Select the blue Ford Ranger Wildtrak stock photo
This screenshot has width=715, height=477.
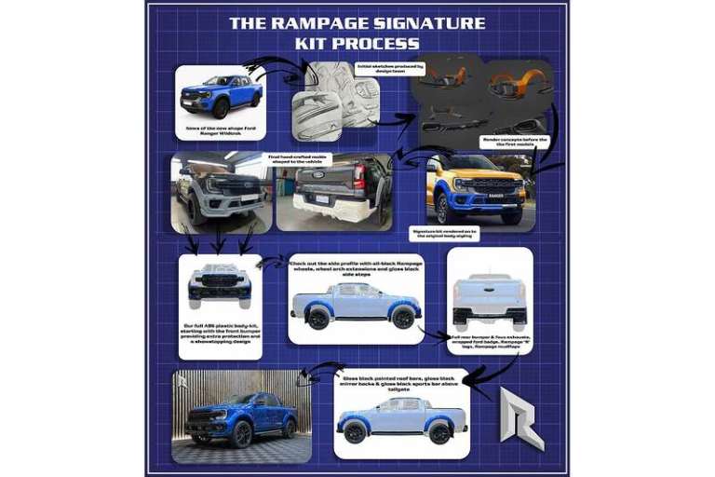tap(220, 94)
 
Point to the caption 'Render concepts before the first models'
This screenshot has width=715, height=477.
tap(515, 143)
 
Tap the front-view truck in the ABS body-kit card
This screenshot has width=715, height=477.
tap(220, 285)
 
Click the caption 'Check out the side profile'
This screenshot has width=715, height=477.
tap(356, 269)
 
